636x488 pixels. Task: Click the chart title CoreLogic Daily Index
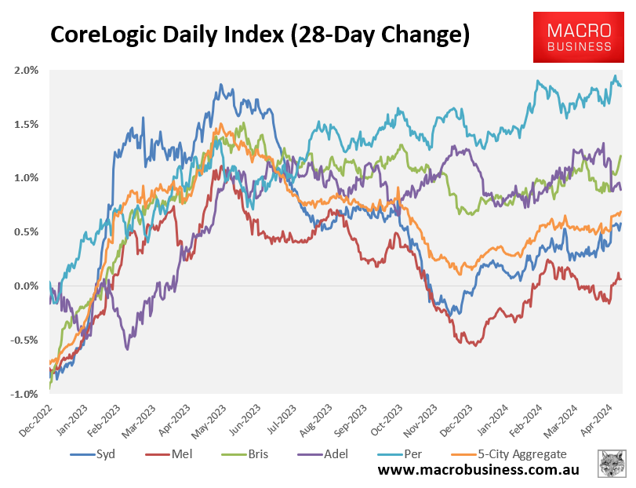click(x=260, y=35)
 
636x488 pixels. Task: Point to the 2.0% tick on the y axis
click(x=27, y=70)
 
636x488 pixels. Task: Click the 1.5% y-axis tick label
click(x=27, y=124)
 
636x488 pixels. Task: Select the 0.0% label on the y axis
click(x=27, y=286)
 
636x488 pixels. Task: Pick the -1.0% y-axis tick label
click(x=25, y=394)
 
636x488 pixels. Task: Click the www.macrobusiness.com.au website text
click(x=478, y=470)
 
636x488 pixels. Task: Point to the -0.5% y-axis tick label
click(x=25, y=340)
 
